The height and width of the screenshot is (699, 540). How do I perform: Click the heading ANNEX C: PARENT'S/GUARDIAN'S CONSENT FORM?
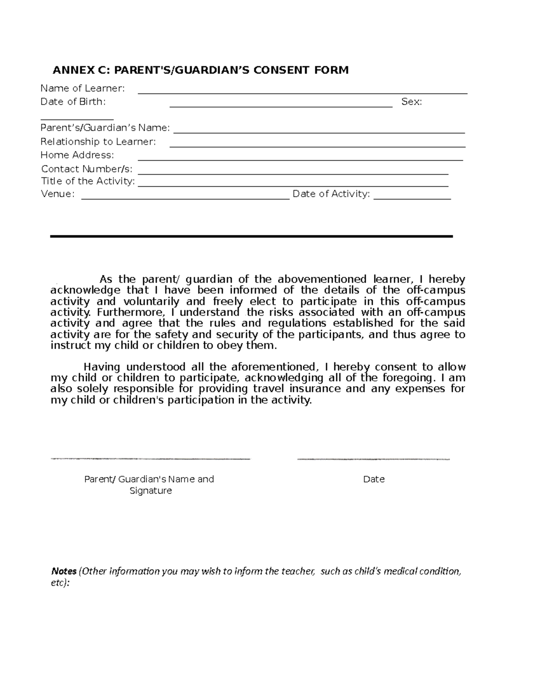(201, 70)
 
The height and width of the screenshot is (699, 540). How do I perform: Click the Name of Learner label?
(82, 88)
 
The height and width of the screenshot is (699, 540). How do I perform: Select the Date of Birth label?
(73, 102)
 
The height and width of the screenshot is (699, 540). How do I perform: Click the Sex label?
(411, 102)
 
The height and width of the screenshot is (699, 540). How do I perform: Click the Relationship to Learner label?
(98, 142)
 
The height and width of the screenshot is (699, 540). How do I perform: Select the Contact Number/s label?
(87, 169)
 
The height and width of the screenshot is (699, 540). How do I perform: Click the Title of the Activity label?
(88, 181)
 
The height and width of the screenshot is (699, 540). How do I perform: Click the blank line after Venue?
(185, 198)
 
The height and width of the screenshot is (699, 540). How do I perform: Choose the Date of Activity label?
(331, 194)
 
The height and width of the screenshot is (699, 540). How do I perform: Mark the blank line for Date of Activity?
(412, 198)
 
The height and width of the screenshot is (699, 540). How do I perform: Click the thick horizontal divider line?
(251, 236)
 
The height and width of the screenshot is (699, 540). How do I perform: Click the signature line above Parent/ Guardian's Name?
(151, 459)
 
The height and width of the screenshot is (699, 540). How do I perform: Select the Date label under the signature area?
(373, 479)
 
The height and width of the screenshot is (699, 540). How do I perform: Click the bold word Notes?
(63, 571)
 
